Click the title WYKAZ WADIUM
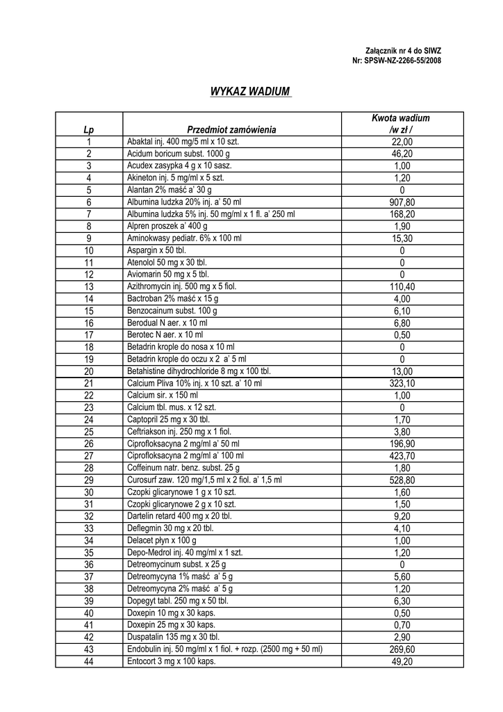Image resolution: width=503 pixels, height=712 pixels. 250,92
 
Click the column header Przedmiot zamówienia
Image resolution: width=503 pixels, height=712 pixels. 231,129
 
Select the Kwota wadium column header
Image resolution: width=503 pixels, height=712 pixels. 400,124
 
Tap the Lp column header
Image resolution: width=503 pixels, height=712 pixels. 88,129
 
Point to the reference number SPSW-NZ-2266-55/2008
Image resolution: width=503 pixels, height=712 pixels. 397,60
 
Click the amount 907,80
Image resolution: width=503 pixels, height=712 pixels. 402,202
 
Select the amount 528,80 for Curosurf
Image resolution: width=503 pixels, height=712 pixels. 402,480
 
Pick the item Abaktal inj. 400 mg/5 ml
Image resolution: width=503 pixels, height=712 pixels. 183,141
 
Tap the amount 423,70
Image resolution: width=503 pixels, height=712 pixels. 402,455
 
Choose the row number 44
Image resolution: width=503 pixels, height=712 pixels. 89,661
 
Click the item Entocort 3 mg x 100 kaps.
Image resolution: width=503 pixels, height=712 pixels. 172,661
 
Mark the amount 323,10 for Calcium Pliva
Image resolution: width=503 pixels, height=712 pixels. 402,383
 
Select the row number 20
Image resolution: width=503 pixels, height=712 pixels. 89,371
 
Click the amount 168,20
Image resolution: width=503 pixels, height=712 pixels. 402,214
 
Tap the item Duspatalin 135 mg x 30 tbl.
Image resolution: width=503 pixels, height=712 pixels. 173,637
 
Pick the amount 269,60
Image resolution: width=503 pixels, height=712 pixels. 402,649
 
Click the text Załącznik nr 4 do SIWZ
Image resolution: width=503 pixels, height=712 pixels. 403,51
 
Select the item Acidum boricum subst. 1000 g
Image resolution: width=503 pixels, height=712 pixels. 178,154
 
